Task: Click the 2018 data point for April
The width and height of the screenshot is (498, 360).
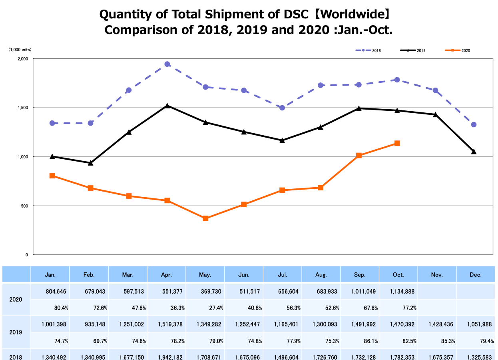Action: (167, 64)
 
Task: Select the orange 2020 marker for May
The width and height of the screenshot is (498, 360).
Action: (205, 218)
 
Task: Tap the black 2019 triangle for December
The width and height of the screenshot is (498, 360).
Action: (474, 152)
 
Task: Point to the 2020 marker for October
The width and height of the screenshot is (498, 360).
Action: (397, 143)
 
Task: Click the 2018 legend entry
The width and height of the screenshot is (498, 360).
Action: (368, 50)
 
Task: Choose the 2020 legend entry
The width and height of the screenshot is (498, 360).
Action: (458, 50)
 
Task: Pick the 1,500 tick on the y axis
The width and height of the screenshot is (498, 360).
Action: (23, 108)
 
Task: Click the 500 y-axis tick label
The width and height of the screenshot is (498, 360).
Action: (24, 206)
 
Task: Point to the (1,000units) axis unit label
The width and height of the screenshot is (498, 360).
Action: (20, 50)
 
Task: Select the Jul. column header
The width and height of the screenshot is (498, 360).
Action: (282, 275)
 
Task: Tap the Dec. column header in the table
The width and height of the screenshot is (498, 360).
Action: (476, 275)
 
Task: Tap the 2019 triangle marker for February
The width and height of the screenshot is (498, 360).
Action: (91, 163)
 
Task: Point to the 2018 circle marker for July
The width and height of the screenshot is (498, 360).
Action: (282, 108)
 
